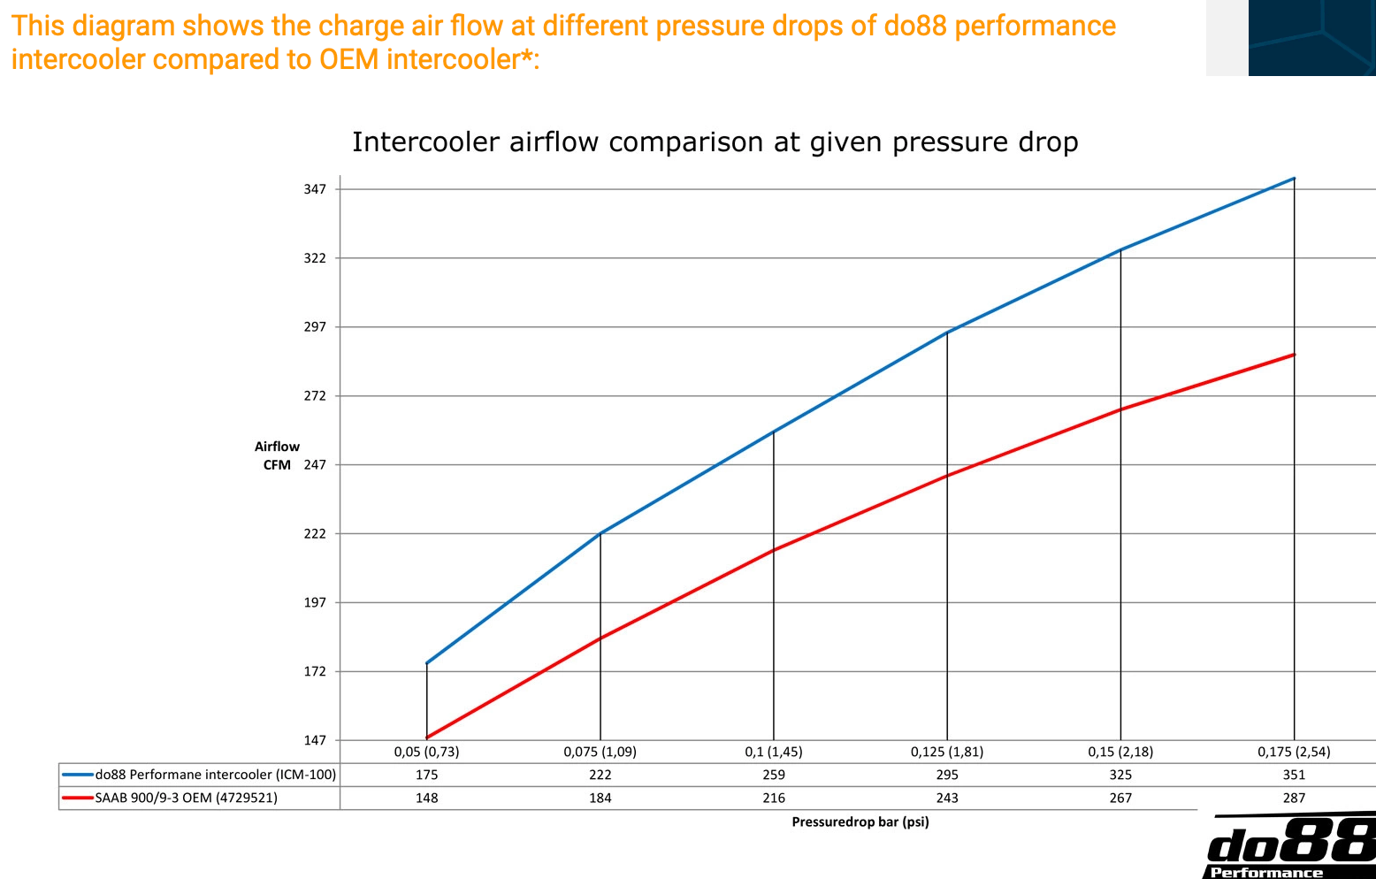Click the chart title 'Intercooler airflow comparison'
tap(715, 142)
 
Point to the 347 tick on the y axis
tap(316, 189)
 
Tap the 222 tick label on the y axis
tap(316, 534)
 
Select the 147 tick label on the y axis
tap(316, 741)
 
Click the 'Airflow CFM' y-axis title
tap(277, 456)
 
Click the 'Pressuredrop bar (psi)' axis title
tap(860, 822)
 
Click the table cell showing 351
tap(1294, 776)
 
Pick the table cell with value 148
tap(426, 799)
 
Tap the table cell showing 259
tap(774, 776)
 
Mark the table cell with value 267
tap(1120, 799)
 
